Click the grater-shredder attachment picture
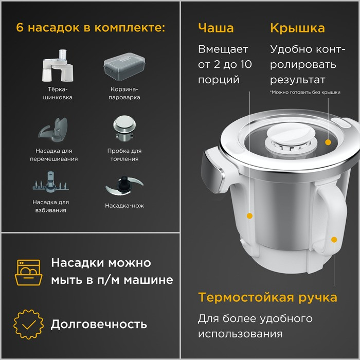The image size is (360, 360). [58, 66]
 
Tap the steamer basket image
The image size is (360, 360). [124, 66]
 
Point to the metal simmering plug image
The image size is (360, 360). [124, 128]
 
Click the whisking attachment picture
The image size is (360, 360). [51, 182]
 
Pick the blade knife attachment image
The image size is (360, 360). [124, 186]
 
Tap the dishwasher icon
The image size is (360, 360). [28, 272]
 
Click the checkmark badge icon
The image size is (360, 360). [28, 324]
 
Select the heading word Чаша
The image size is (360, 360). [216, 28]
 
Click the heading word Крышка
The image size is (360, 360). [298, 28]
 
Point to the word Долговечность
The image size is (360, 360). [99, 324]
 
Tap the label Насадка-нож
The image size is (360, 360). [124, 206]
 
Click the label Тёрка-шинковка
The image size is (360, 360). [58, 93]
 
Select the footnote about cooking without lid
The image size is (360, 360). [305, 92]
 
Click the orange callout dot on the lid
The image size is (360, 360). [328, 142]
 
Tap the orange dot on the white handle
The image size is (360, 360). [334, 240]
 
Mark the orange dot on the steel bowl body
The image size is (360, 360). [249, 216]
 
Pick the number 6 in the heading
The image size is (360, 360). [20, 28]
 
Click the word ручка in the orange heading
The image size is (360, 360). [318, 298]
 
